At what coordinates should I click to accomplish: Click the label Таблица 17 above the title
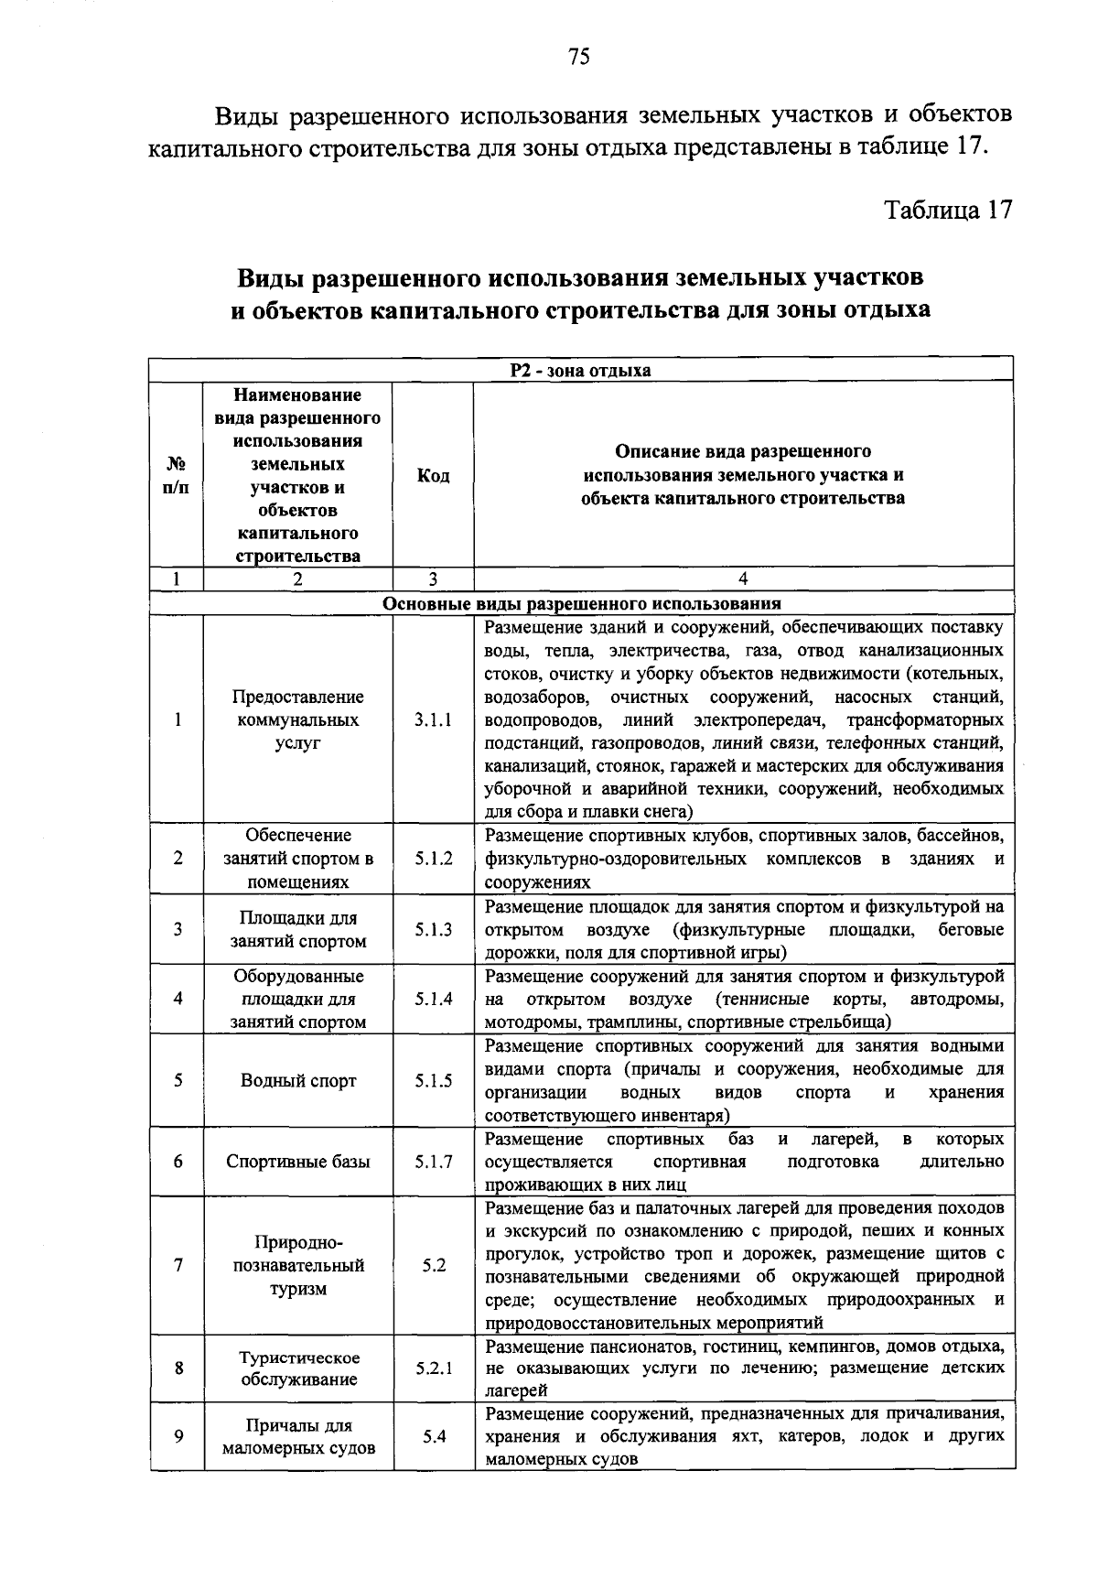tap(948, 210)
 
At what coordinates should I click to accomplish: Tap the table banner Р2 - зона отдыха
tap(580, 370)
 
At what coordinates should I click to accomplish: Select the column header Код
tap(433, 475)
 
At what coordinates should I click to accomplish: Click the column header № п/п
tap(177, 475)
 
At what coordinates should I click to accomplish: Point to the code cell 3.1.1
tap(433, 720)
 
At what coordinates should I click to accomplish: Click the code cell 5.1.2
tap(433, 859)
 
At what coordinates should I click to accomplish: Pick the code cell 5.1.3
tap(433, 929)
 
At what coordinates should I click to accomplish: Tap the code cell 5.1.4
tap(433, 999)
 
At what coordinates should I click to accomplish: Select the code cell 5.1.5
tap(433, 1080)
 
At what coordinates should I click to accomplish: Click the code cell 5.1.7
tap(433, 1162)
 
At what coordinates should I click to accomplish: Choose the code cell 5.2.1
tap(433, 1369)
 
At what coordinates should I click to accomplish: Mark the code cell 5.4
tap(433, 1436)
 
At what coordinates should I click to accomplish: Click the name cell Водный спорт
tap(298, 1080)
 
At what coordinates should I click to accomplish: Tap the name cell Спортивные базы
tap(298, 1162)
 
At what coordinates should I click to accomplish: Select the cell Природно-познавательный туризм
tap(298, 1265)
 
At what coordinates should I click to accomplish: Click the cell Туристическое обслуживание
tap(298, 1368)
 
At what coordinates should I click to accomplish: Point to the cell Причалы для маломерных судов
tap(298, 1436)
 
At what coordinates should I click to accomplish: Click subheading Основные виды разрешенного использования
tap(580, 603)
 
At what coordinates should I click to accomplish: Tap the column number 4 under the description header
tap(742, 579)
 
